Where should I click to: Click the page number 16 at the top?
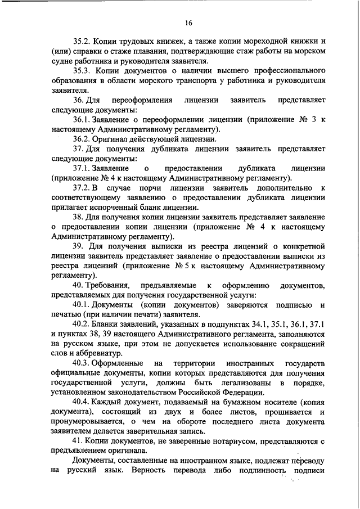(188, 22)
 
